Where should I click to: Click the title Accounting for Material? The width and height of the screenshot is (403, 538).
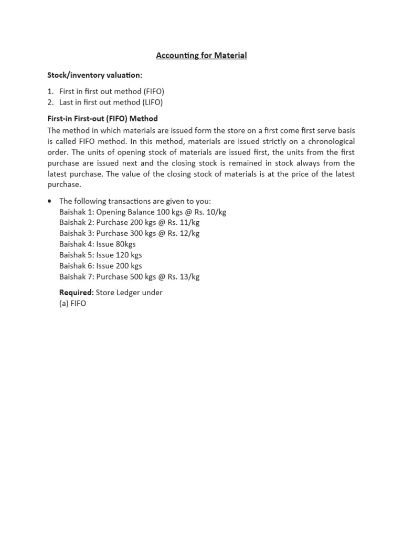click(x=201, y=55)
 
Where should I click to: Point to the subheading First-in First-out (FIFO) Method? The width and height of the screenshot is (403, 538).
click(x=102, y=119)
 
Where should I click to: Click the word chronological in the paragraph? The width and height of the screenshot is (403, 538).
click(x=328, y=141)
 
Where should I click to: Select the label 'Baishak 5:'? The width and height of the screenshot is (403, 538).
click(x=77, y=255)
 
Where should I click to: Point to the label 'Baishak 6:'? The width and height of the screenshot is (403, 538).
click(x=77, y=266)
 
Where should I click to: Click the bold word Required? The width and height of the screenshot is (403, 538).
click(x=77, y=292)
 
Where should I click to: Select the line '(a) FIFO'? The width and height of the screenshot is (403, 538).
click(x=72, y=303)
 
